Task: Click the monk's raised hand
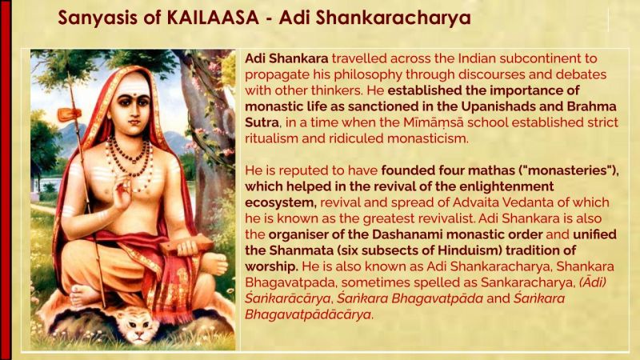point(121,191)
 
